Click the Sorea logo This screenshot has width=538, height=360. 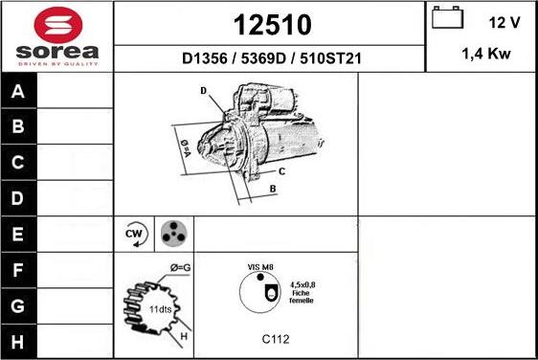coord(56,35)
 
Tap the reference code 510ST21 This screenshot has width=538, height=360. coord(330,57)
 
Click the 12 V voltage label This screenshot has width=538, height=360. coord(504,22)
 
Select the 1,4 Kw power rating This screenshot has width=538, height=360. coord(485,56)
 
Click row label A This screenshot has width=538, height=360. coord(18,92)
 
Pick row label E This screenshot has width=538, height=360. coord(18,234)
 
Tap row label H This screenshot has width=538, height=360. coord(18,341)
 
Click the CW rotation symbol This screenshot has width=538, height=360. coord(134,234)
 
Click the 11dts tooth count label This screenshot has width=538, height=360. coord(161,310)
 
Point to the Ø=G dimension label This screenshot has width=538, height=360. coord(180,267)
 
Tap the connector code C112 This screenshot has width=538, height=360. coord(276,338)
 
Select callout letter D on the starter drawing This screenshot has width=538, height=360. coord(204,91)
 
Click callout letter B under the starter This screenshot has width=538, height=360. coord(273,189)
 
